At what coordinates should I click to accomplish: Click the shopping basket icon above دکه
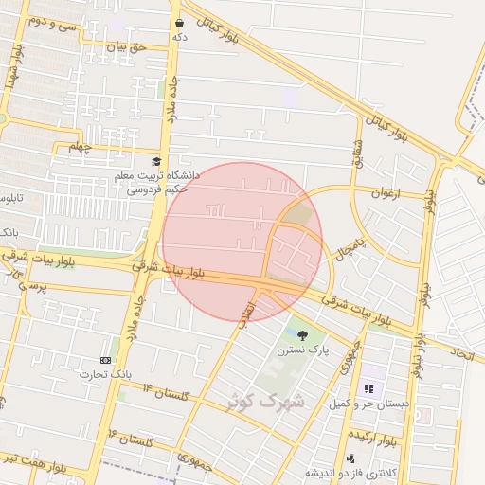pos(179,22)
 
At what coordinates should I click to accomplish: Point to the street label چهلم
pos(83,147)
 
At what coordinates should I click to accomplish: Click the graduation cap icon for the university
pos(156,162)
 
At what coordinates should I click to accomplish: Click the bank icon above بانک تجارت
pos(105,360)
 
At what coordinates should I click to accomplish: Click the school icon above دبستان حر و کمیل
pos(368,387)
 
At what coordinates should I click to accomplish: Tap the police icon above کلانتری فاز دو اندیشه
pos(350,458)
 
